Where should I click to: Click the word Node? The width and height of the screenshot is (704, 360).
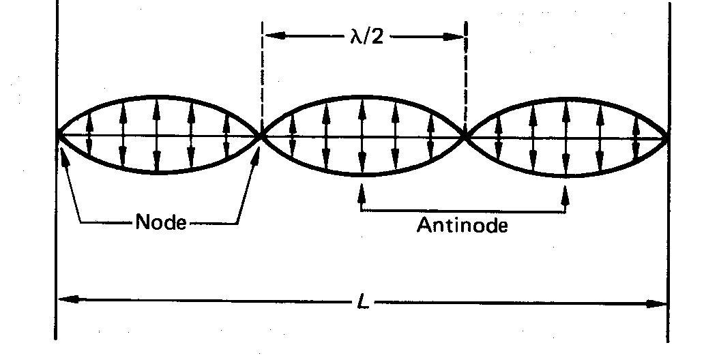click(x=161, y=222)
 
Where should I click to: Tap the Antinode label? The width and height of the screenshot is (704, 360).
click(x=462, y=226)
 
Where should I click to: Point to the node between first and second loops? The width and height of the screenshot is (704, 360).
click(x=261, y=136)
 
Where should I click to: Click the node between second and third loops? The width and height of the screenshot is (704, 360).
click(x=465, y=136)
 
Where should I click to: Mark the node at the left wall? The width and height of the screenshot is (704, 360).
click(x=57, y=136)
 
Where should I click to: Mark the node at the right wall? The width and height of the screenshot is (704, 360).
click(x=668, y=136)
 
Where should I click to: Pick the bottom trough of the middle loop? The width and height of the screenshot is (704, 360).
click(x=362, y=175)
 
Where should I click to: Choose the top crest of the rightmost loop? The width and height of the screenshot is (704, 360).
click(x=566, y=98)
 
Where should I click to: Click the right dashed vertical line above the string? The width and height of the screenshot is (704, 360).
click(x=467, y=75)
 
